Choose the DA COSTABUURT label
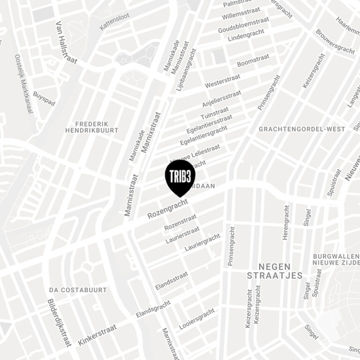[78, 290]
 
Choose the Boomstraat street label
[253, 60]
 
